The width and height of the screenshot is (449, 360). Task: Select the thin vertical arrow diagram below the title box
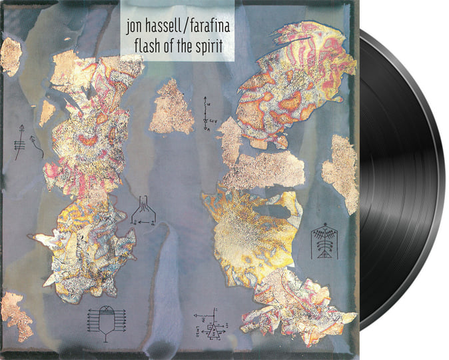(x=206, y=115)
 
